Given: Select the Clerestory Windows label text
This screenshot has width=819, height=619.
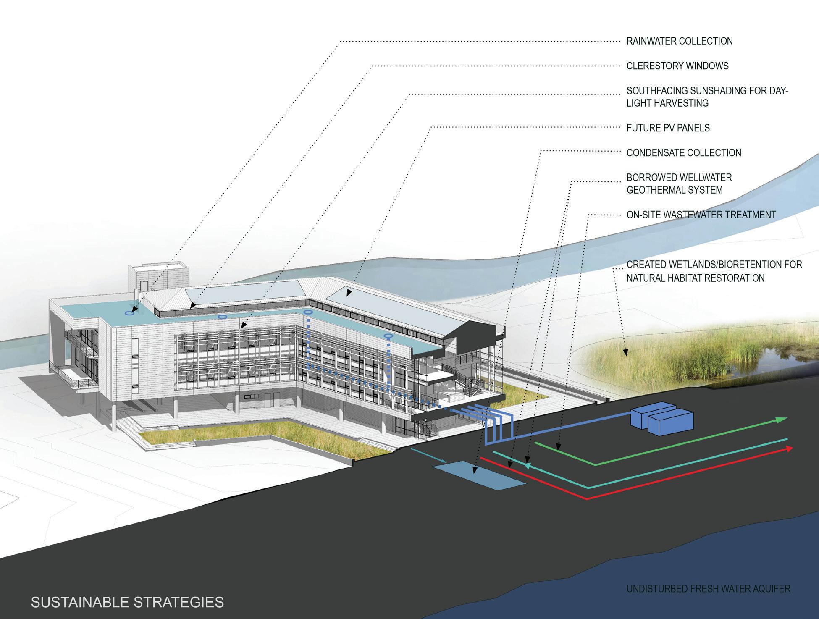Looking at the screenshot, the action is [677, 66].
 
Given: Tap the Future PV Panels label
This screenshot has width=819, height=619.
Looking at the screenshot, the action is [668, 128].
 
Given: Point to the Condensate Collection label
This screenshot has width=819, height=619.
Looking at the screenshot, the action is [684, 152].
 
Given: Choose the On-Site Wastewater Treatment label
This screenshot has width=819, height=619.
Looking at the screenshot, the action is [701, 215].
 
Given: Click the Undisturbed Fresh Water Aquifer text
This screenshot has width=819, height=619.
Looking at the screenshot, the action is [709, 589].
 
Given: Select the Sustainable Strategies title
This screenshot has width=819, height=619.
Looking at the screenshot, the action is [128, 602].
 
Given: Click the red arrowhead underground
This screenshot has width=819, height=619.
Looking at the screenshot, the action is [788, 449].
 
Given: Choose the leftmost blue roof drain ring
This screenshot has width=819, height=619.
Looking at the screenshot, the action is [131, 313].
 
